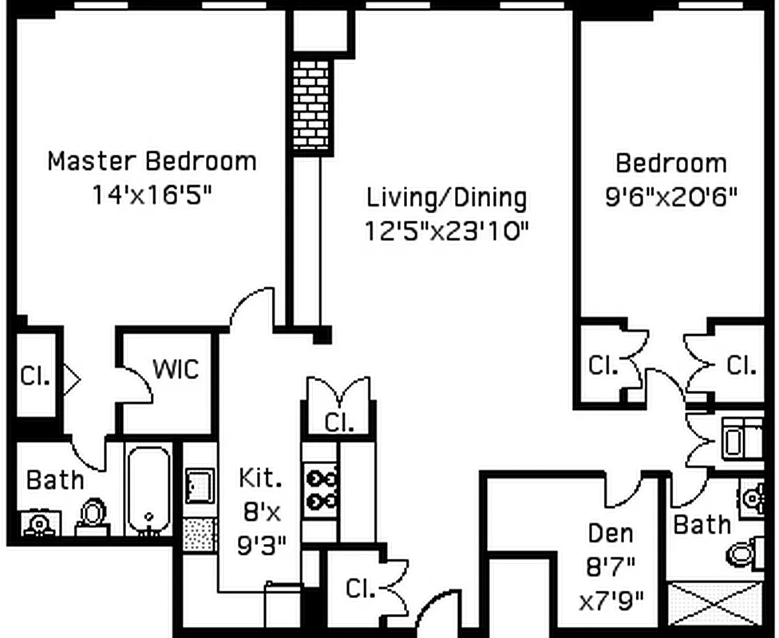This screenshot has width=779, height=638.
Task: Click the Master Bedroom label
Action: [152, 161]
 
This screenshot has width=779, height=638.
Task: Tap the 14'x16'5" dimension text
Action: [152, 194]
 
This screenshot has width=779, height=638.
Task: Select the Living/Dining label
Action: [447, 197]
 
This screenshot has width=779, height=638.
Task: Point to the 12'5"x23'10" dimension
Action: [447, 230]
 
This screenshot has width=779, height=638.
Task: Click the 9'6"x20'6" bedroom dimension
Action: [670, 196]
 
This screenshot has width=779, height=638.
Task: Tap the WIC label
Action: [176, 368]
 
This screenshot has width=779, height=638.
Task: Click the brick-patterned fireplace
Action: [311, 105]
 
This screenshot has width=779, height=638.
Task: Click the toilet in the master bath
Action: [93, 516]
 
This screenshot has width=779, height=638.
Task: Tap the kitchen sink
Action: [200, 486]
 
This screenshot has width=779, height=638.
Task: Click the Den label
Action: [610, 533]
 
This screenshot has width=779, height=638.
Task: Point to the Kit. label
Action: [260, 477]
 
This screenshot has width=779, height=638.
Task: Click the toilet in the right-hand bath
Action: [745, 553]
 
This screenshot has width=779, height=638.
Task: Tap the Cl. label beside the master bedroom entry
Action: [35, 376]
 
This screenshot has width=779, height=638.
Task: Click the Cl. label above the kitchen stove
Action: [339, 422]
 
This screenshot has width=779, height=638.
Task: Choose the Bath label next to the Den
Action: [702, 524]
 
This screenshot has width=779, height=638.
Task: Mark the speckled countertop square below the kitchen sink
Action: [200, 534]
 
